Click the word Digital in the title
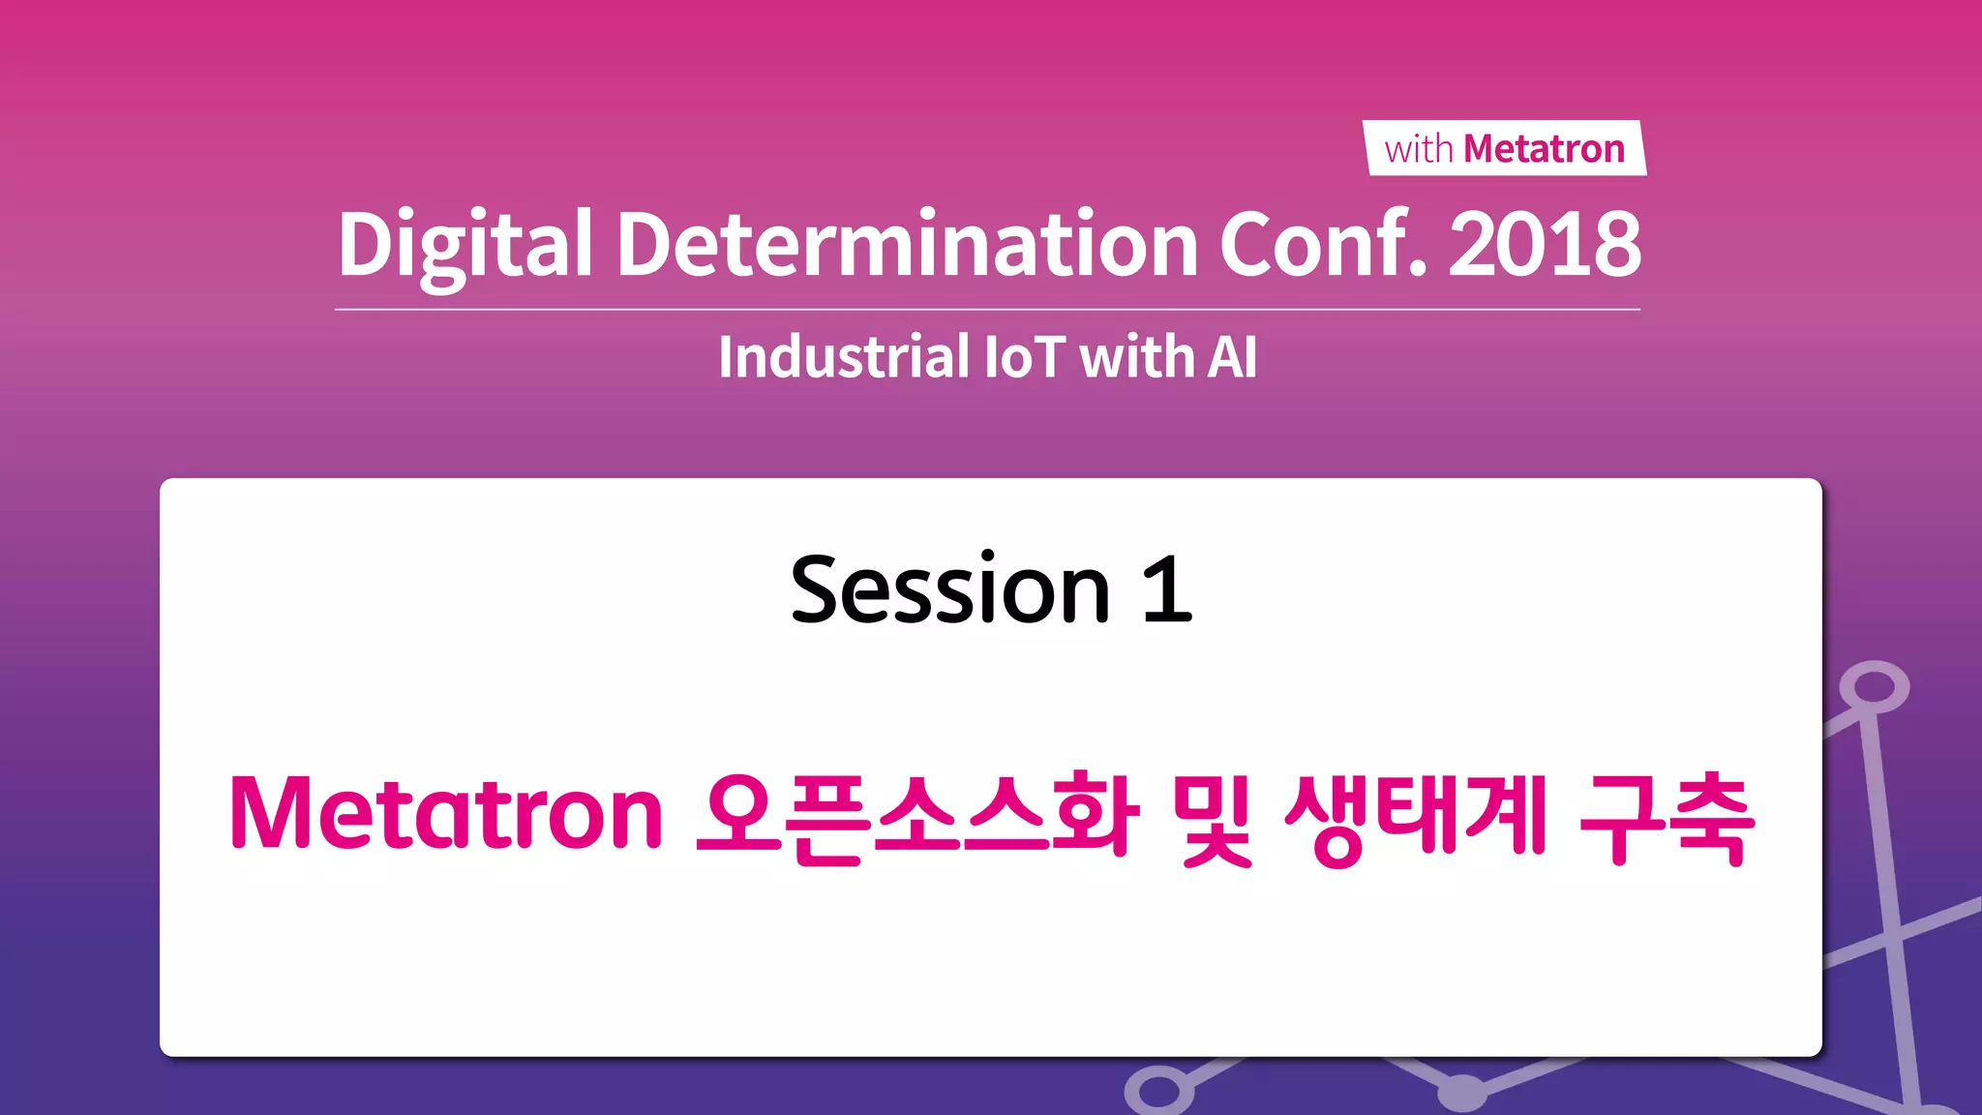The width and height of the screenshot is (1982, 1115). (x=465, y=245)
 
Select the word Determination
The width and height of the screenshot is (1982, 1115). (x=907, y=243)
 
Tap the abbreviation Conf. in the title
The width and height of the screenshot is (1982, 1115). (x=1322, y=243)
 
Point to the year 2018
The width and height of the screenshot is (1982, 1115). (x=1545, y=243)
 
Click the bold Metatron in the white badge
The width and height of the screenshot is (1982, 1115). (x=1544, y=149)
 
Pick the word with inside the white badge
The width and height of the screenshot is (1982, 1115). (x=1419, y=150)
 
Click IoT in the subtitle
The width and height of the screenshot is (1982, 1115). (x=1025, y=356)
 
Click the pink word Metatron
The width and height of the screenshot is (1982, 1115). (x=446, y=813)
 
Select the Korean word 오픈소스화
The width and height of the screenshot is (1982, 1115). (x=916, y=815)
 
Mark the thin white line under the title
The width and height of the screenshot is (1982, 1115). (x=987, y=310)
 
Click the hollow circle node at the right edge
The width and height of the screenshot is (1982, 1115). (x=1875, y=687)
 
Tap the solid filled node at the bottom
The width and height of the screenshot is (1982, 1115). (x=1462, y=1093)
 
